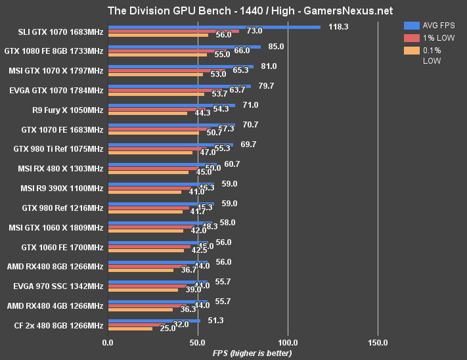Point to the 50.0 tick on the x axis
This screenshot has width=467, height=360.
198,342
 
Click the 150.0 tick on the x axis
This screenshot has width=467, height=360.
378,342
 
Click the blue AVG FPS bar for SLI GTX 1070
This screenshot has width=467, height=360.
214,27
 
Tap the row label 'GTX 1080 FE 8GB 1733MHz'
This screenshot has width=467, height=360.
54,51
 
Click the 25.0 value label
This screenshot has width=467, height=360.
167,328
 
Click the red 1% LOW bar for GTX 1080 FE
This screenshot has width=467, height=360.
167,51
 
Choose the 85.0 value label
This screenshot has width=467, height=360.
277,47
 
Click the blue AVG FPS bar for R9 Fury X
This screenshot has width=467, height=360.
171,105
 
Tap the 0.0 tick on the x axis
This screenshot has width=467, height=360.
108,342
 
